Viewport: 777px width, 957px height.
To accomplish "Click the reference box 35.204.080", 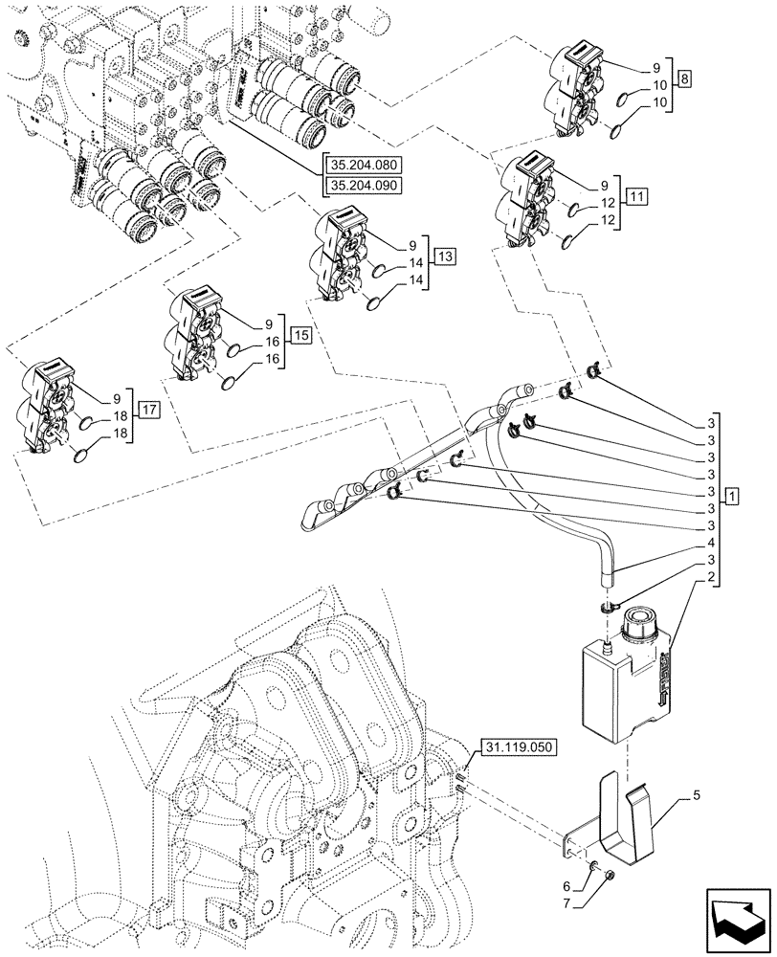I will [x=365, y=165].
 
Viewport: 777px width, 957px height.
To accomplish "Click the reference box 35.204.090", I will [x=365, y=186].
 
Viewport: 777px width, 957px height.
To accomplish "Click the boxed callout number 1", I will [x=731, y=496].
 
